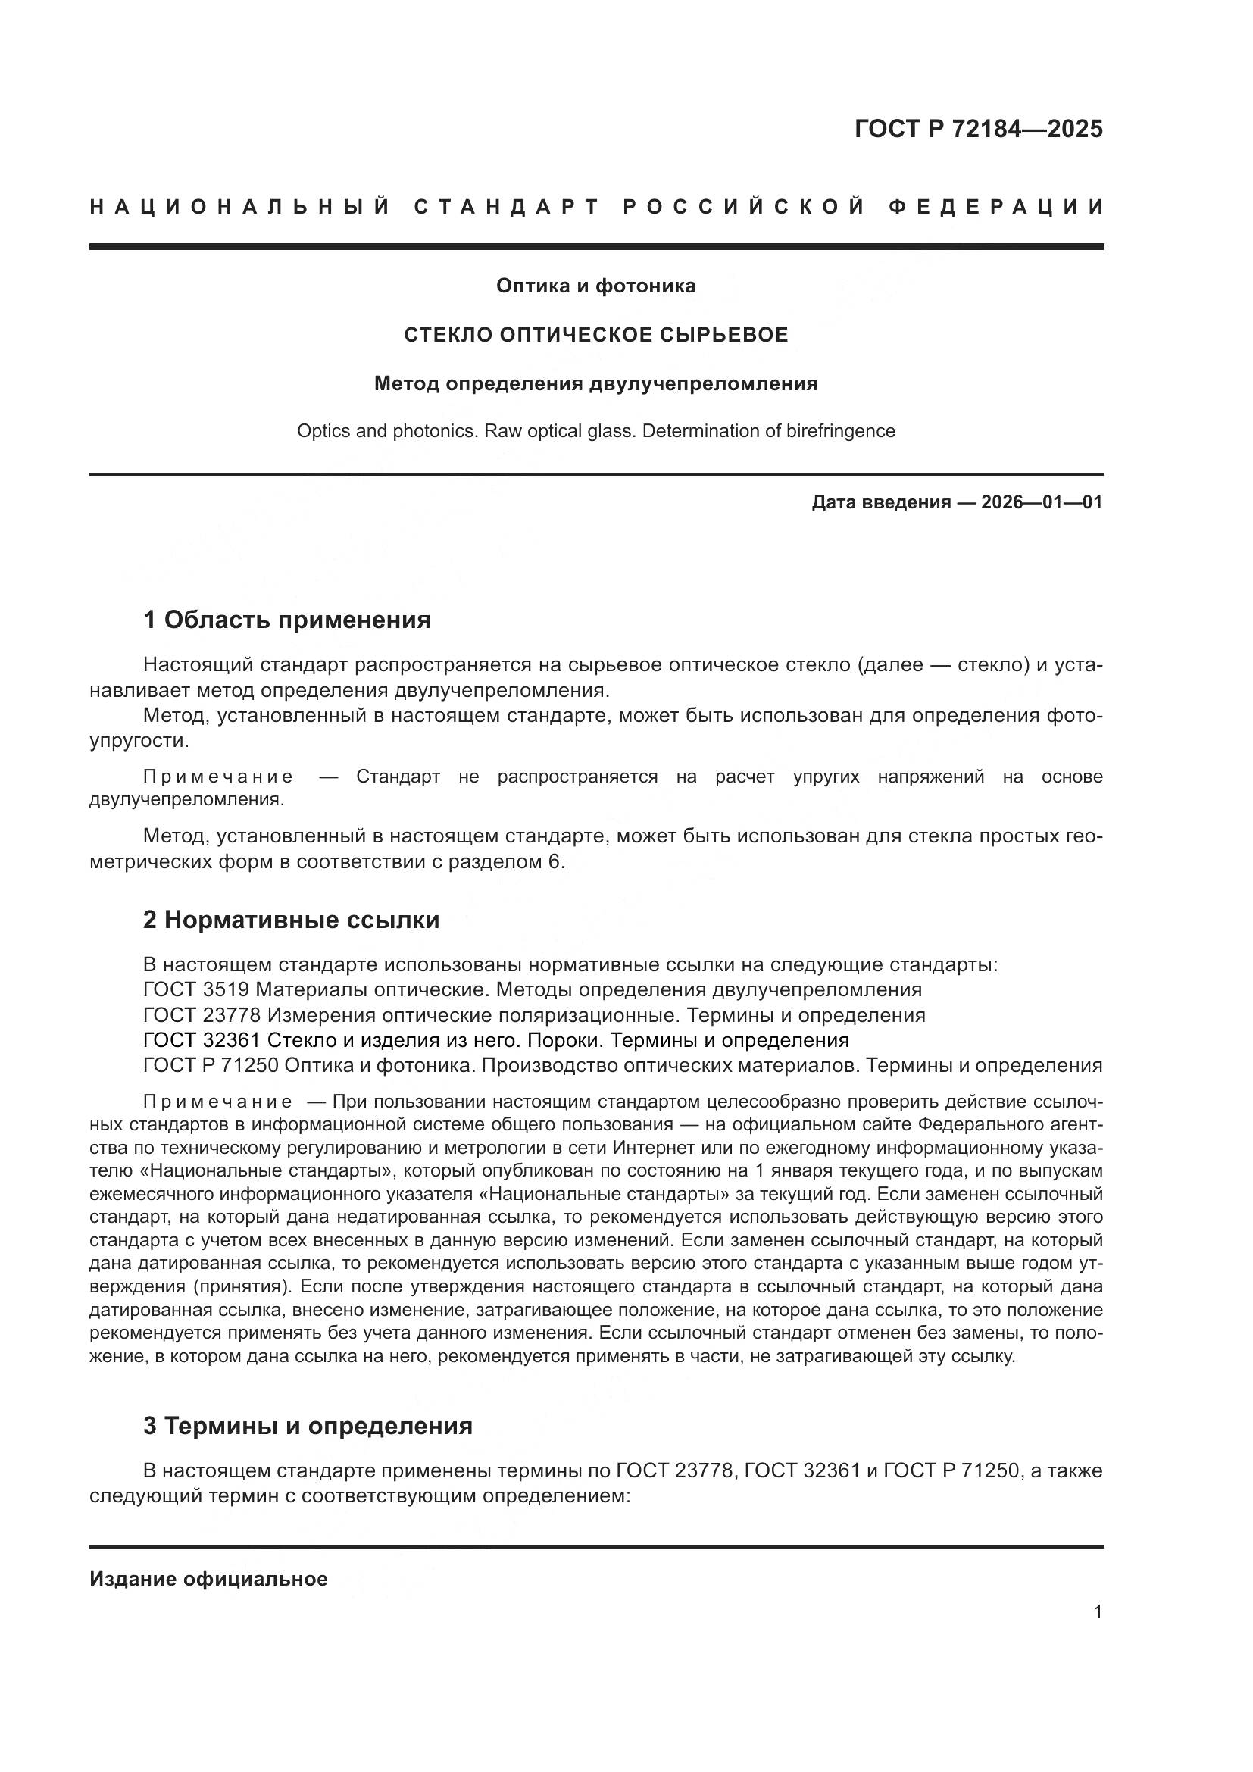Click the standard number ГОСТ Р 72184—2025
click(978, 129)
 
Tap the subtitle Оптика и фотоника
click(595, 286)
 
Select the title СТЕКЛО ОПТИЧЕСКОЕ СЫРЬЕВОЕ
click(596, 335)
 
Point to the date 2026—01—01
click(1042, 503)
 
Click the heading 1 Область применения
click(286, 620)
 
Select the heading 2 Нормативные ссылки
click(291, 920)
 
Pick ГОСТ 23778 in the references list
click(202, 1016)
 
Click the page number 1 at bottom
click(1097, 1612)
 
